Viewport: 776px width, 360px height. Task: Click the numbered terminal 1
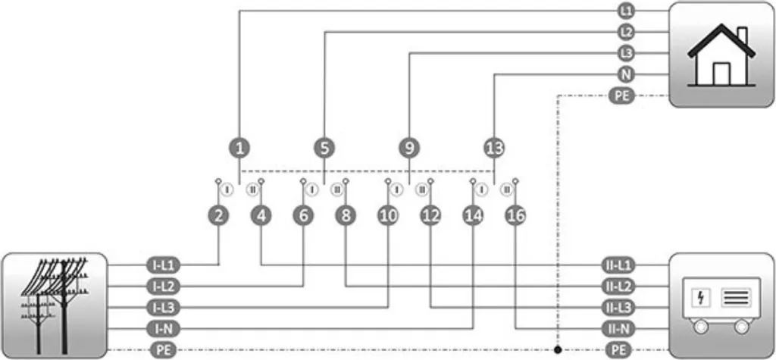click(239, 148)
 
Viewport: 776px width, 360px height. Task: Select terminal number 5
click(324, 148)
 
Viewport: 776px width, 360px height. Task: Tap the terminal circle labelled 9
click(409, 148)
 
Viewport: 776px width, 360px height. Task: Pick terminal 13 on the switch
click(494, 148)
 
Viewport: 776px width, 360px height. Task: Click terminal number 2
click(218, 216)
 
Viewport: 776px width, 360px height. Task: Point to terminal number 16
click(515, 216)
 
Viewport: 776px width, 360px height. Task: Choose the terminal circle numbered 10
click(388, 216)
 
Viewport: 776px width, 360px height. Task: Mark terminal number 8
click(346, 216)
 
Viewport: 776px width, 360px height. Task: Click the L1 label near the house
click(626, 11)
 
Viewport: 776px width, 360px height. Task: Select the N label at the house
click(626, 74)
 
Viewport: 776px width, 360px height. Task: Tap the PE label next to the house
click(622, 95)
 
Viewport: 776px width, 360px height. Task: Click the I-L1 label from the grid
click(164, 265)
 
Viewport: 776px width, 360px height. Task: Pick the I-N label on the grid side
click(164, 328)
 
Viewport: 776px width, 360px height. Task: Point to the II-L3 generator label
click(617, 308)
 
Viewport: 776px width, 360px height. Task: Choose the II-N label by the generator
click(617, 328)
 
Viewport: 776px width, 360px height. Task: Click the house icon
click(721, 55)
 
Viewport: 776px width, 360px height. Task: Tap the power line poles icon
click(55, 305)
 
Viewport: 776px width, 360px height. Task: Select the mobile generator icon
click(721, 305)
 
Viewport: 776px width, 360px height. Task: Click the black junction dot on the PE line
click(558, 350)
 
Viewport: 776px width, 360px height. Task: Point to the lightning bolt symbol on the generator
click(701, 298)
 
